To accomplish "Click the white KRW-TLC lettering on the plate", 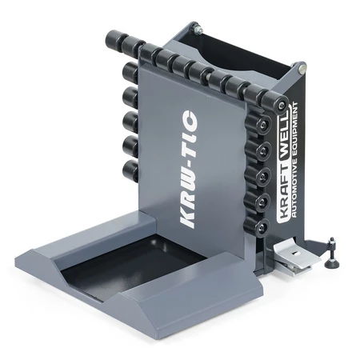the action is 189,170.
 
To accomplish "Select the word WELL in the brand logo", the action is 283,134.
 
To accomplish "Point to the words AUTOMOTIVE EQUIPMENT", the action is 294,159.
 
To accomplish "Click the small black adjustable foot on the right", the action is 332,254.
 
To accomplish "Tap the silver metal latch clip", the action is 296,257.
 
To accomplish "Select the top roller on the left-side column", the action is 130,73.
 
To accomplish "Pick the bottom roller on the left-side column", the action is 130,171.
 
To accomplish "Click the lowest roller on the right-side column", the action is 257,226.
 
